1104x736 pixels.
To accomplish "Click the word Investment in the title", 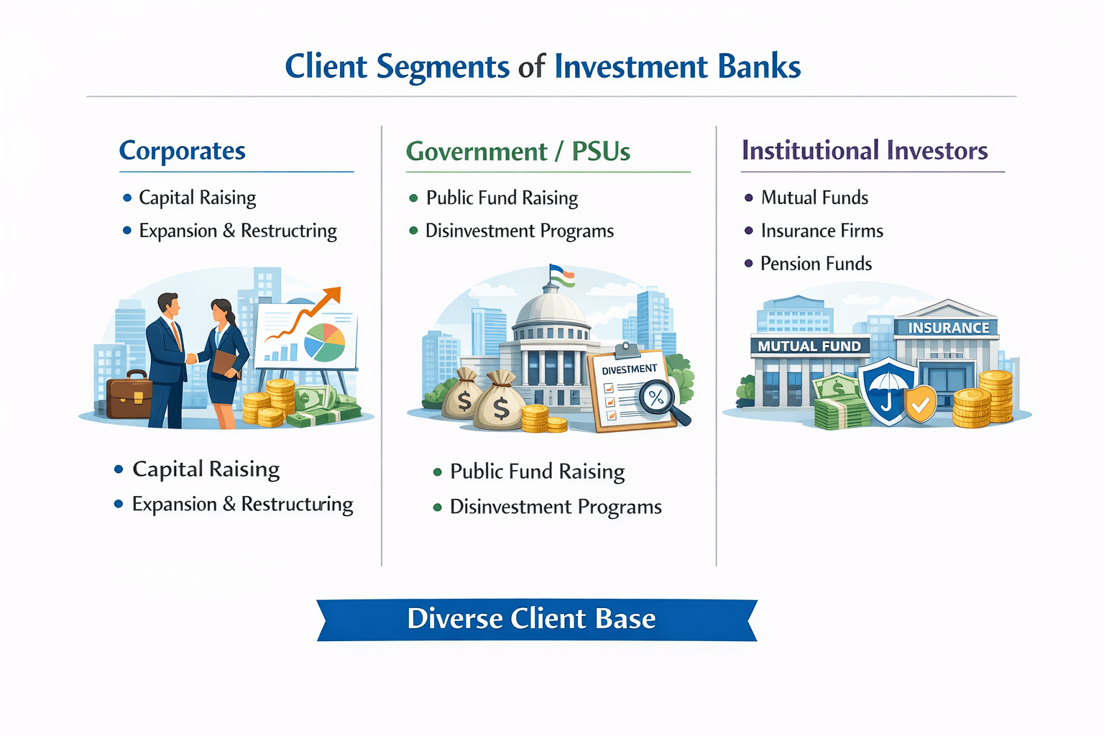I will pyautogui.click(x=631, y=67).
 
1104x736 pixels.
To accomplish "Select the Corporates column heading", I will pyautogui.click(x=182, y=151).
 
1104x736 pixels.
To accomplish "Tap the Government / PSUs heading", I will pyautogui.click(x=517, y=152).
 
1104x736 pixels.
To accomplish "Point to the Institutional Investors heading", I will pyautogui.click(x=865, y=151).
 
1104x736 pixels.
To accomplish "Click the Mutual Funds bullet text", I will pyautogui.click(x=814, y=198).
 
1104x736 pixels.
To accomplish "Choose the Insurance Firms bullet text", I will pyautogui.click(x=822, y=231).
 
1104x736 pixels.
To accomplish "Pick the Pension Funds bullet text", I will pyautogui.click(x=816, y=264).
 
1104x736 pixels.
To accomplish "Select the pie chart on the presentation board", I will pyautogui.click(x=325, y=342).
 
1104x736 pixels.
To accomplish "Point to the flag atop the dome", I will pyautogui.click(x=562, y=275).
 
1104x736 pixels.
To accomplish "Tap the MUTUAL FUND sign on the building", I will pyautogui.click(x=809, y=346).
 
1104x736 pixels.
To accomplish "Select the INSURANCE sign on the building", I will pyautogui.click(x=948, y=328).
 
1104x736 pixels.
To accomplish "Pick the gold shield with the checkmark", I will pyautogui.click(x=921, y=405).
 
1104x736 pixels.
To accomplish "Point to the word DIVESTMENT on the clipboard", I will pyautogui.click(x=629, y=369).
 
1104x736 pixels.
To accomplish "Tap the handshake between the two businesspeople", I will pyautogui.click(x=192, y=357).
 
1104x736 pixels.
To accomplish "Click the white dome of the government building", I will pyautogui.click(x=551, y=307).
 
